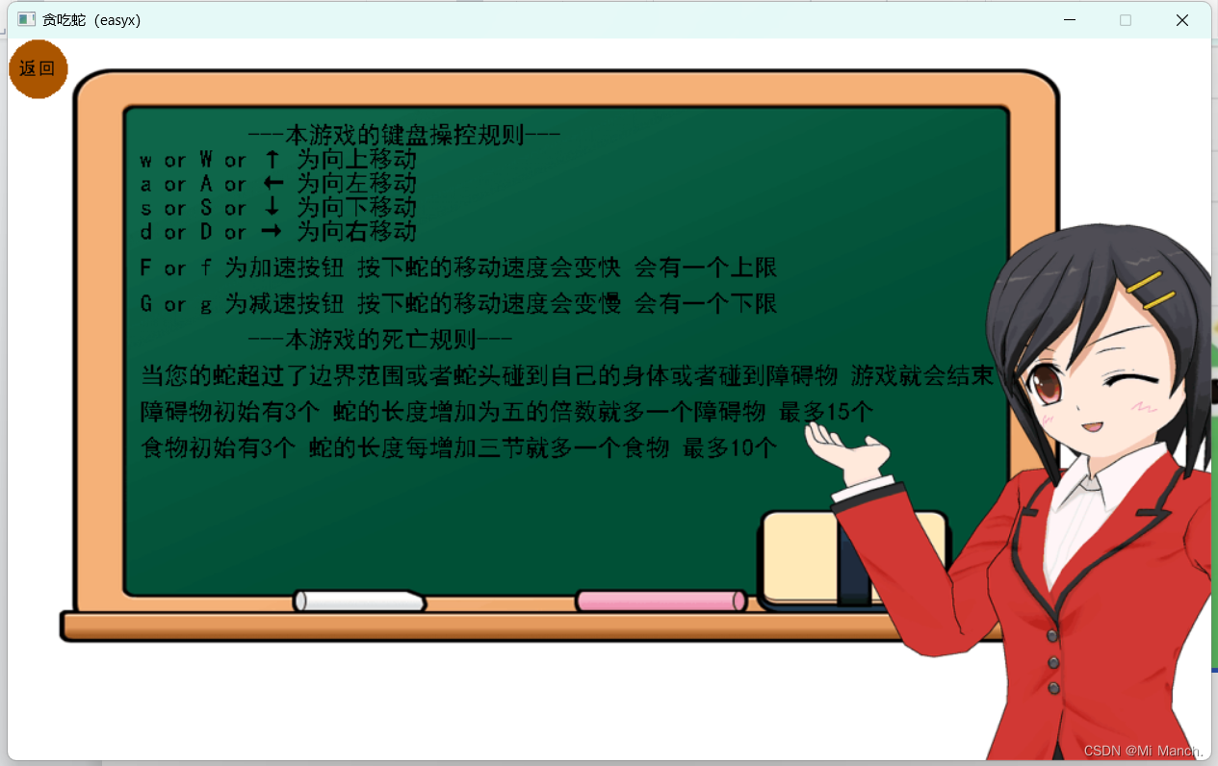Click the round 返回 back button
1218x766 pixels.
(x=39, y=69)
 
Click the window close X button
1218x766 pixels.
(x=1182, y=20)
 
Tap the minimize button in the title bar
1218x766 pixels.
(x=1070, y=20)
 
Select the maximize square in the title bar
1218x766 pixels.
(x=1126, y=20)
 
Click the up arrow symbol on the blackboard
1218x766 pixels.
(x=272, y=159)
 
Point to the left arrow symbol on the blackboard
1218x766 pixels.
(x=273, y=183)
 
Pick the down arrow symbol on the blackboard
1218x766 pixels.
(x=272, y=207)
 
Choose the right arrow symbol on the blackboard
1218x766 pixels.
(x=272, y=231)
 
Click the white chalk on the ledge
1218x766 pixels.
(x=359, y=600)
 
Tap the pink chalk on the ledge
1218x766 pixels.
(x=661, y=600)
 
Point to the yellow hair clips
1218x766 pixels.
(x=1150, y=290)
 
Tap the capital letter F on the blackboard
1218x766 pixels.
(x=145, y=268)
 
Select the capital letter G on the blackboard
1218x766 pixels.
(x=145, y=303)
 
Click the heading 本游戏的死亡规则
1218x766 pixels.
(x=380, y=340)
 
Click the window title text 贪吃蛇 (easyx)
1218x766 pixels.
(x=91, y=20)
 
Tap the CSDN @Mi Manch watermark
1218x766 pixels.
(x=1143, y=751)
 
